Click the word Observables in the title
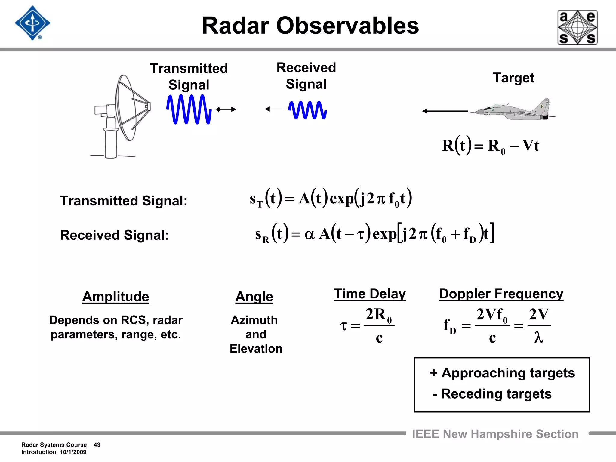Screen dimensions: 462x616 [347, 26]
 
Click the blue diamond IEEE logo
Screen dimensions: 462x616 [32, 23]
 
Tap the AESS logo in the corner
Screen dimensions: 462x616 [577, 27]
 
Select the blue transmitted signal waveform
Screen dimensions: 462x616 [189, 109]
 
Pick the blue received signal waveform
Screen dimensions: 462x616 [307, 110]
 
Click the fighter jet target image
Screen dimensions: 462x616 [514, 110]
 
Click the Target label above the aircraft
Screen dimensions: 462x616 [513, 78]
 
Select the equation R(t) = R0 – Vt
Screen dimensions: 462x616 [490, 146]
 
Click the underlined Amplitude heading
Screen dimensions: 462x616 [116, 297]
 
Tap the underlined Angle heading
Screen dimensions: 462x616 [254, 297]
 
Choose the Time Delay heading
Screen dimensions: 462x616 [370, 294]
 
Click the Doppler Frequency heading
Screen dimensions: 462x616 [501, 294]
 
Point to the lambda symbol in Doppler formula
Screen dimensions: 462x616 [538, 337]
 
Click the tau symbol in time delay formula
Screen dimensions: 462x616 [343, 326]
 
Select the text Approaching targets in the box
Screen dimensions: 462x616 [508, 373]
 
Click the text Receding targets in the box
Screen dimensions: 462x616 [496, 394]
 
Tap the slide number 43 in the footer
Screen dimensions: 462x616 [97, 445]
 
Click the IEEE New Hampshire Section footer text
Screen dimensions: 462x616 [495, 434]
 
